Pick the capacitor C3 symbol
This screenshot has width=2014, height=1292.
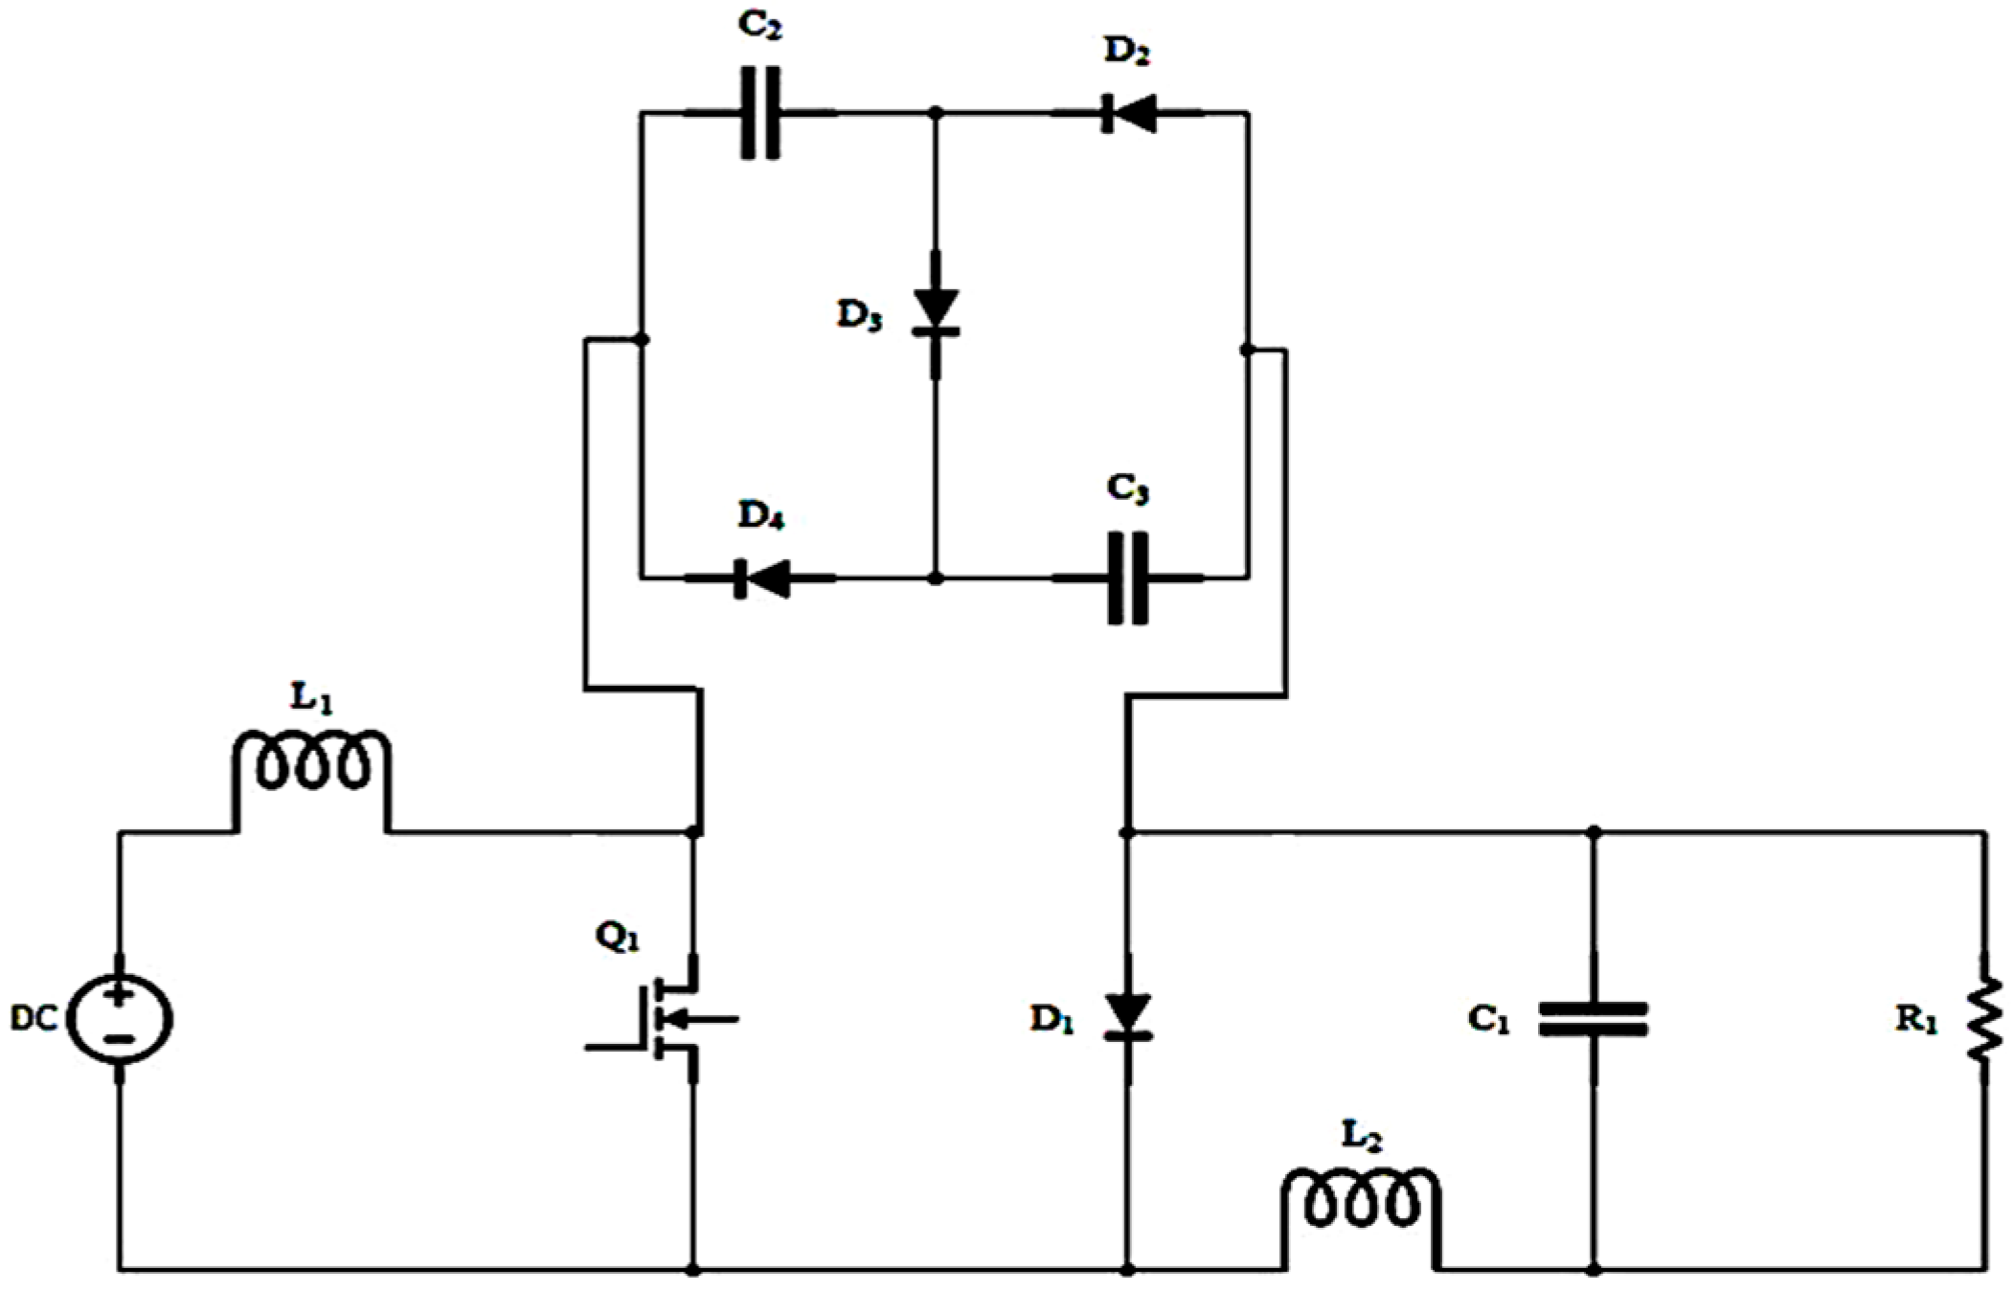tap(1127, 578)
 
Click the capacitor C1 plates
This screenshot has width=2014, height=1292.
tap(1593, 1019)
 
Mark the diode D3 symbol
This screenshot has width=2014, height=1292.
tap(936, 314)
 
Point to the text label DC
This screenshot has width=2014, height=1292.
tap(34, 1021)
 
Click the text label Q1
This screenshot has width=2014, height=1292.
tap(617, 938)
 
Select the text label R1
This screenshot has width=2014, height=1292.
tap(1916, 1021)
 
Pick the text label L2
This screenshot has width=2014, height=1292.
tap(1361, 1137)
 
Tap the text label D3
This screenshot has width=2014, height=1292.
tap(858, 316)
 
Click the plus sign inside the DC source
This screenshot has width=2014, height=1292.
tap(120, 996)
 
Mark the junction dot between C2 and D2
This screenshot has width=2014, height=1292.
tap(937, 113)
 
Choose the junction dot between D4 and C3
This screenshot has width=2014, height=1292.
tap(937, 578)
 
